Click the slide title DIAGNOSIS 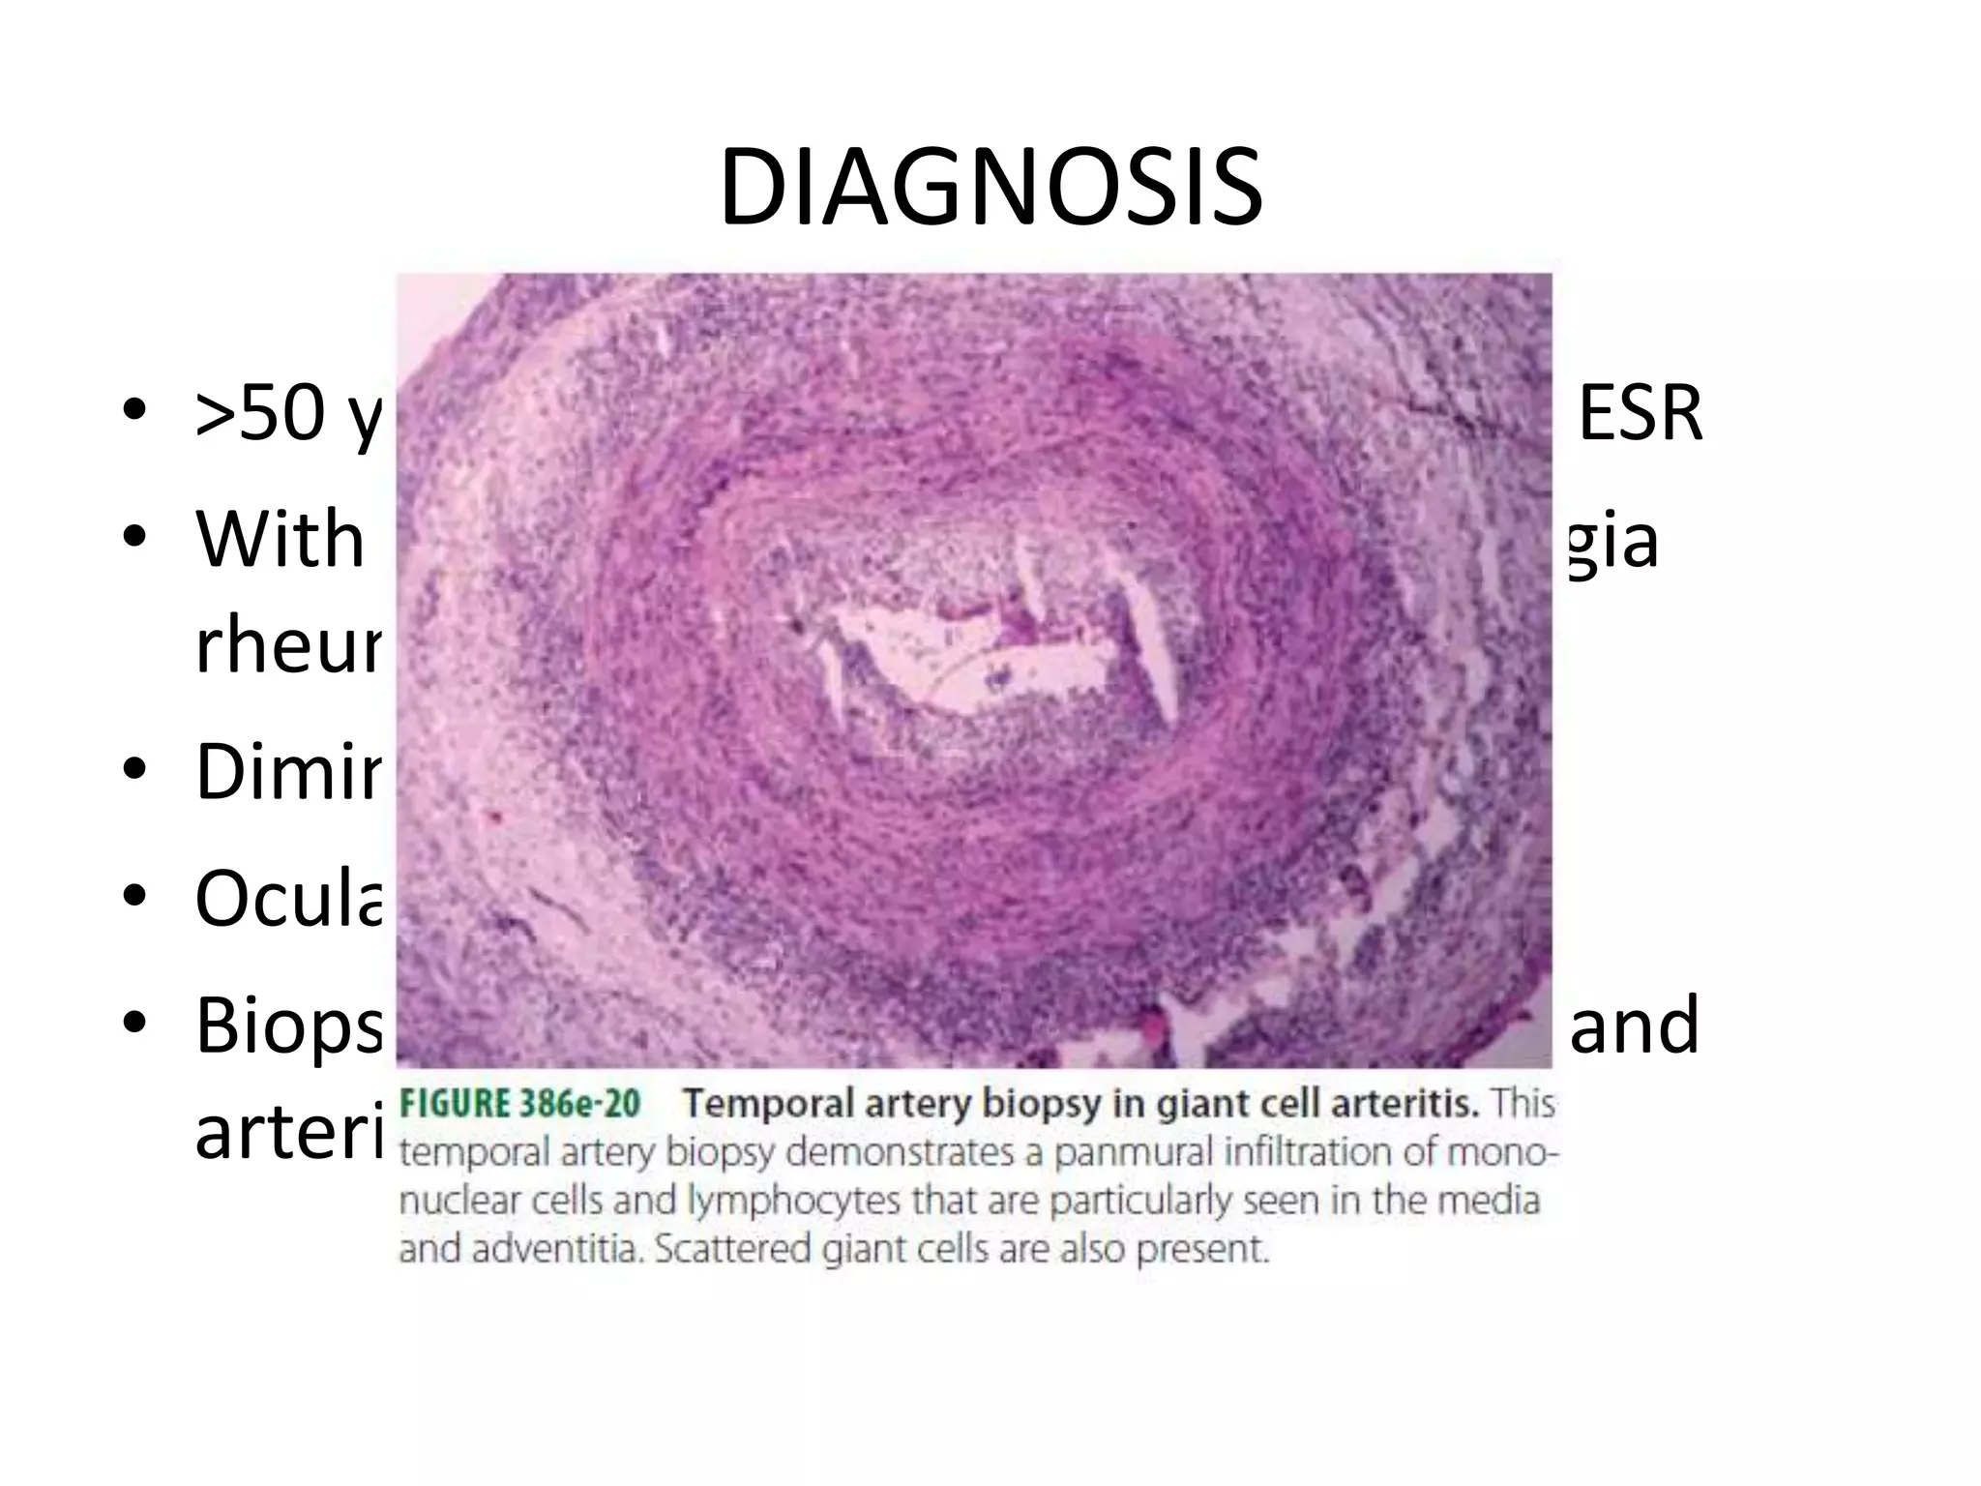[990, 187]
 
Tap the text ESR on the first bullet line [1639, 415]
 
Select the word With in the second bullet [281, 540]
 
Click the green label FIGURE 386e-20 [520, 1104]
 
